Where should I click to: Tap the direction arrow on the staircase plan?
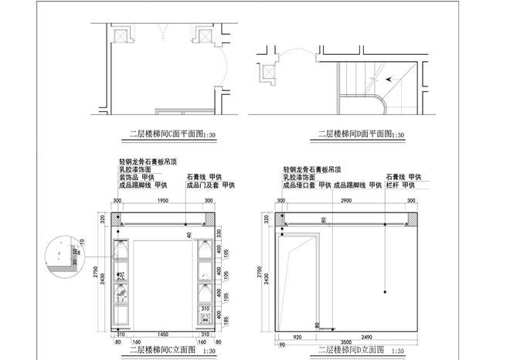tap(389, 77)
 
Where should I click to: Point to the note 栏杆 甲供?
tap(403, 185)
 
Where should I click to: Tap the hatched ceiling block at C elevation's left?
tap(118, 219)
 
